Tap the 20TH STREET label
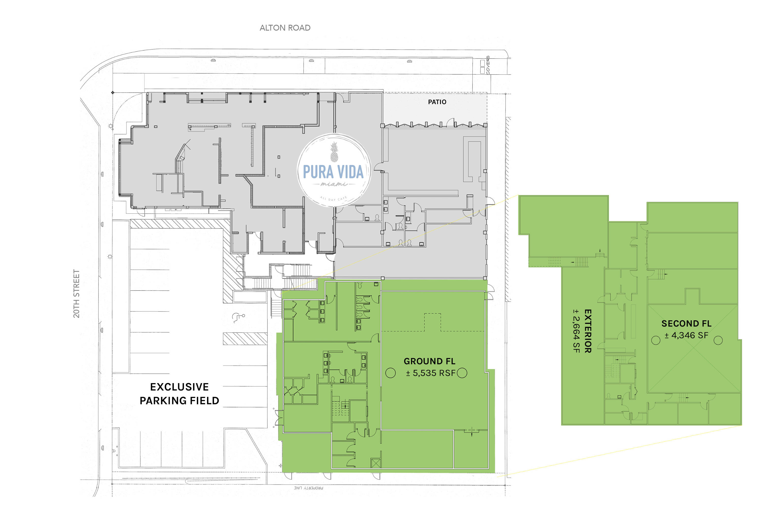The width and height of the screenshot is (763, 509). point(76,293)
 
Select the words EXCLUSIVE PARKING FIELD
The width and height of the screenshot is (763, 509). point(179,393)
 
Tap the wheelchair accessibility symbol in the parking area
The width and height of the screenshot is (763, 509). point(239,318)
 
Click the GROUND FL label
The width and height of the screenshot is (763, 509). point(429,361)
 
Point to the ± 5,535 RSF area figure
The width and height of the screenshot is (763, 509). point(431,373)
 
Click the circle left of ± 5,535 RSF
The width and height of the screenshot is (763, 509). point(390,373)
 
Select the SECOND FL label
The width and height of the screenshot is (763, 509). point(686,323)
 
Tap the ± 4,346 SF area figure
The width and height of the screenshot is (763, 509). point(686,335)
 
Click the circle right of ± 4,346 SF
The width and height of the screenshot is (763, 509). point(718,340)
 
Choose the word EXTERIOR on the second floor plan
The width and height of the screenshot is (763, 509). point(588,331)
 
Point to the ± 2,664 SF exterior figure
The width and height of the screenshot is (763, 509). point(576,331)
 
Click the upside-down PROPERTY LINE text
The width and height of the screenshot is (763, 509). point(308,488)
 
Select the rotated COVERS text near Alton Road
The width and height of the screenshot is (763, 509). point(488,65)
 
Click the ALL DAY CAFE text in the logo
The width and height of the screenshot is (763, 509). point(333,199)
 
